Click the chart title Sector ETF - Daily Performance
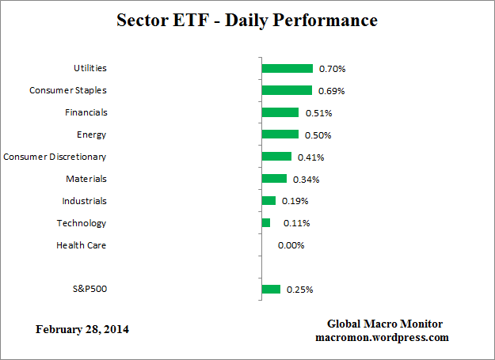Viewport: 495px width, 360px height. coord(247,20)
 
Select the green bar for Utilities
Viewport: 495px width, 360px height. coord(287,69)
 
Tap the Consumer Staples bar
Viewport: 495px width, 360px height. coord(287,90)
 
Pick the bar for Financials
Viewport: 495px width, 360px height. coord(280,112)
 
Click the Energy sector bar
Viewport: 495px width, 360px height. coord(280,135)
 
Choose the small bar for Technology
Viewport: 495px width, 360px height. coord(266,223)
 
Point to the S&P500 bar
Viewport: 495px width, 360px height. coord(271,290)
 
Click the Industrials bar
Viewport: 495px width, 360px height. coord(268,201)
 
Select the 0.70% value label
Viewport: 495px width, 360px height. coord(332,69)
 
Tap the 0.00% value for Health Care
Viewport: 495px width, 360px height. coord(291,245)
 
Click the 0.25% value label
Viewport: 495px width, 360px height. coord(299,290)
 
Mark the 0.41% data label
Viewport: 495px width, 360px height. coord(310,157)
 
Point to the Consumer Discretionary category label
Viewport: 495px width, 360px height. coord(55,157)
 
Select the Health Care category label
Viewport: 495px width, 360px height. coord(81,245)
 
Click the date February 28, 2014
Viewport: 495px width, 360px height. coord(82,329)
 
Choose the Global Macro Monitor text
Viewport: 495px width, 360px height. coord(385,324)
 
